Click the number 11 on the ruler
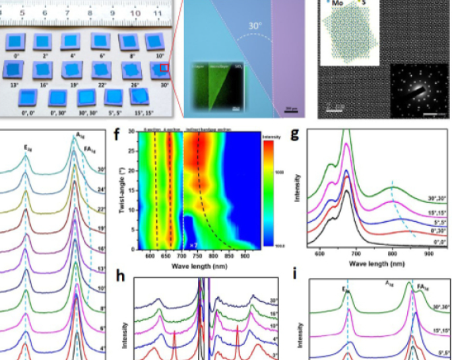click(158, 11)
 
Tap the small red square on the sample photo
click(164, 67)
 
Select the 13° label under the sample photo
click(14, 85)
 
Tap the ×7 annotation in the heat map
click(194, 244)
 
